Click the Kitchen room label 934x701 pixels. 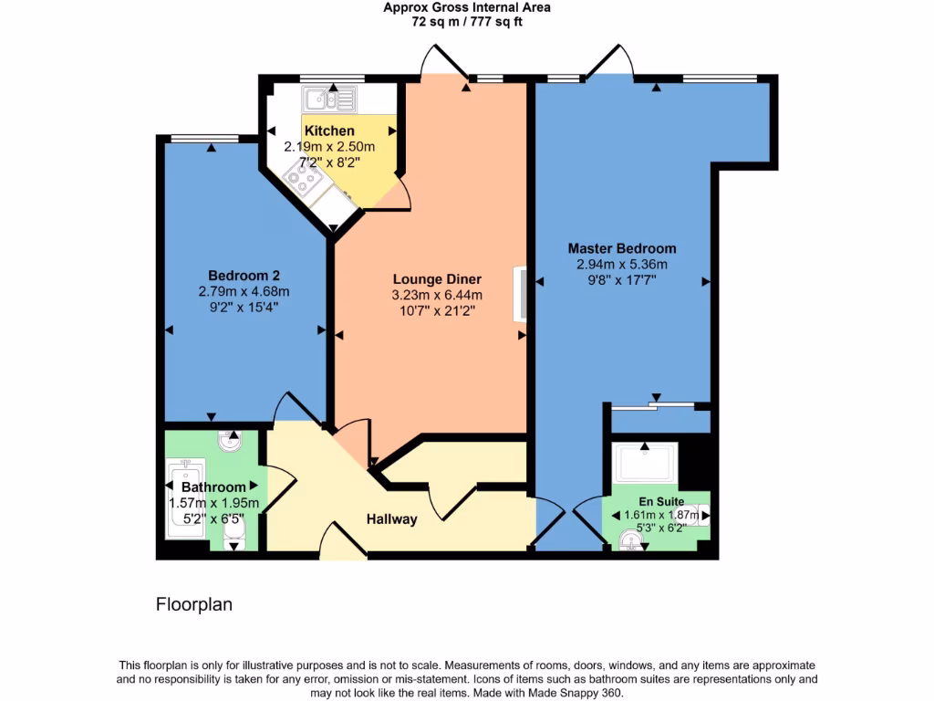(329, 131)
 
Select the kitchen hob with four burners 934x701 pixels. (302, 179)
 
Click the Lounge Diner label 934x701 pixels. (437, 279)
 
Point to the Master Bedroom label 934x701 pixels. (622, 248)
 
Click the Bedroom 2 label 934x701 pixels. (244, 276)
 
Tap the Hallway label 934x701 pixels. (392, 519)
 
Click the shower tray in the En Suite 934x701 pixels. (646, 464)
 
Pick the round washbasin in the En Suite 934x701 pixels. (629, 541)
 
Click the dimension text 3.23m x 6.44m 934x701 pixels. (437, 295)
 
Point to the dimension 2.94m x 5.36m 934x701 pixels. (622, 265)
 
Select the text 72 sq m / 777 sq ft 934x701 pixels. (467, 22)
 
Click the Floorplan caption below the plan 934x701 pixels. (193, 604)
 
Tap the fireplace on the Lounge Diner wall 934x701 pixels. (521, 293)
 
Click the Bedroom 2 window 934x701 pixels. (204, 139)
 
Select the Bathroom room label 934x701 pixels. (213, 487)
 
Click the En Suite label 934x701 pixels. (661, 502)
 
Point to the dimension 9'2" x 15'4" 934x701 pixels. (244, 308)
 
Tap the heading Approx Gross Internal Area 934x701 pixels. (467, 7)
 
